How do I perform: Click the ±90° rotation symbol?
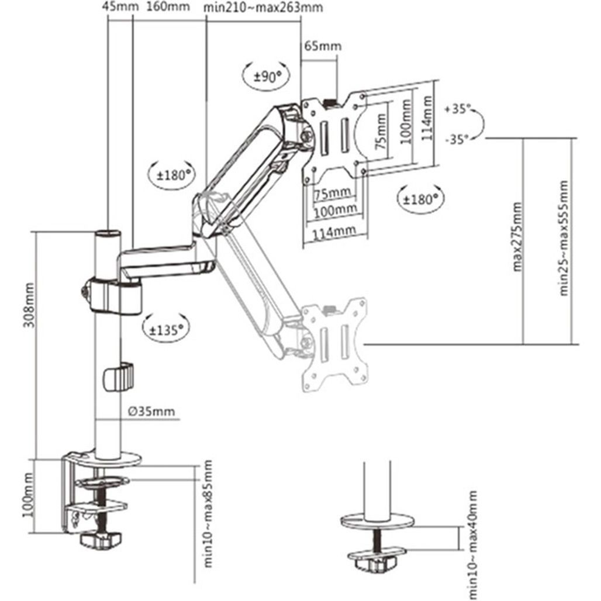(264, 75)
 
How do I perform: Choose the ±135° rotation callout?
(166, 329)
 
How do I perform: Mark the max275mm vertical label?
(517, 237)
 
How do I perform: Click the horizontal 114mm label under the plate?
(334, 232)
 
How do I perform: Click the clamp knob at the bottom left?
(99, 541)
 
